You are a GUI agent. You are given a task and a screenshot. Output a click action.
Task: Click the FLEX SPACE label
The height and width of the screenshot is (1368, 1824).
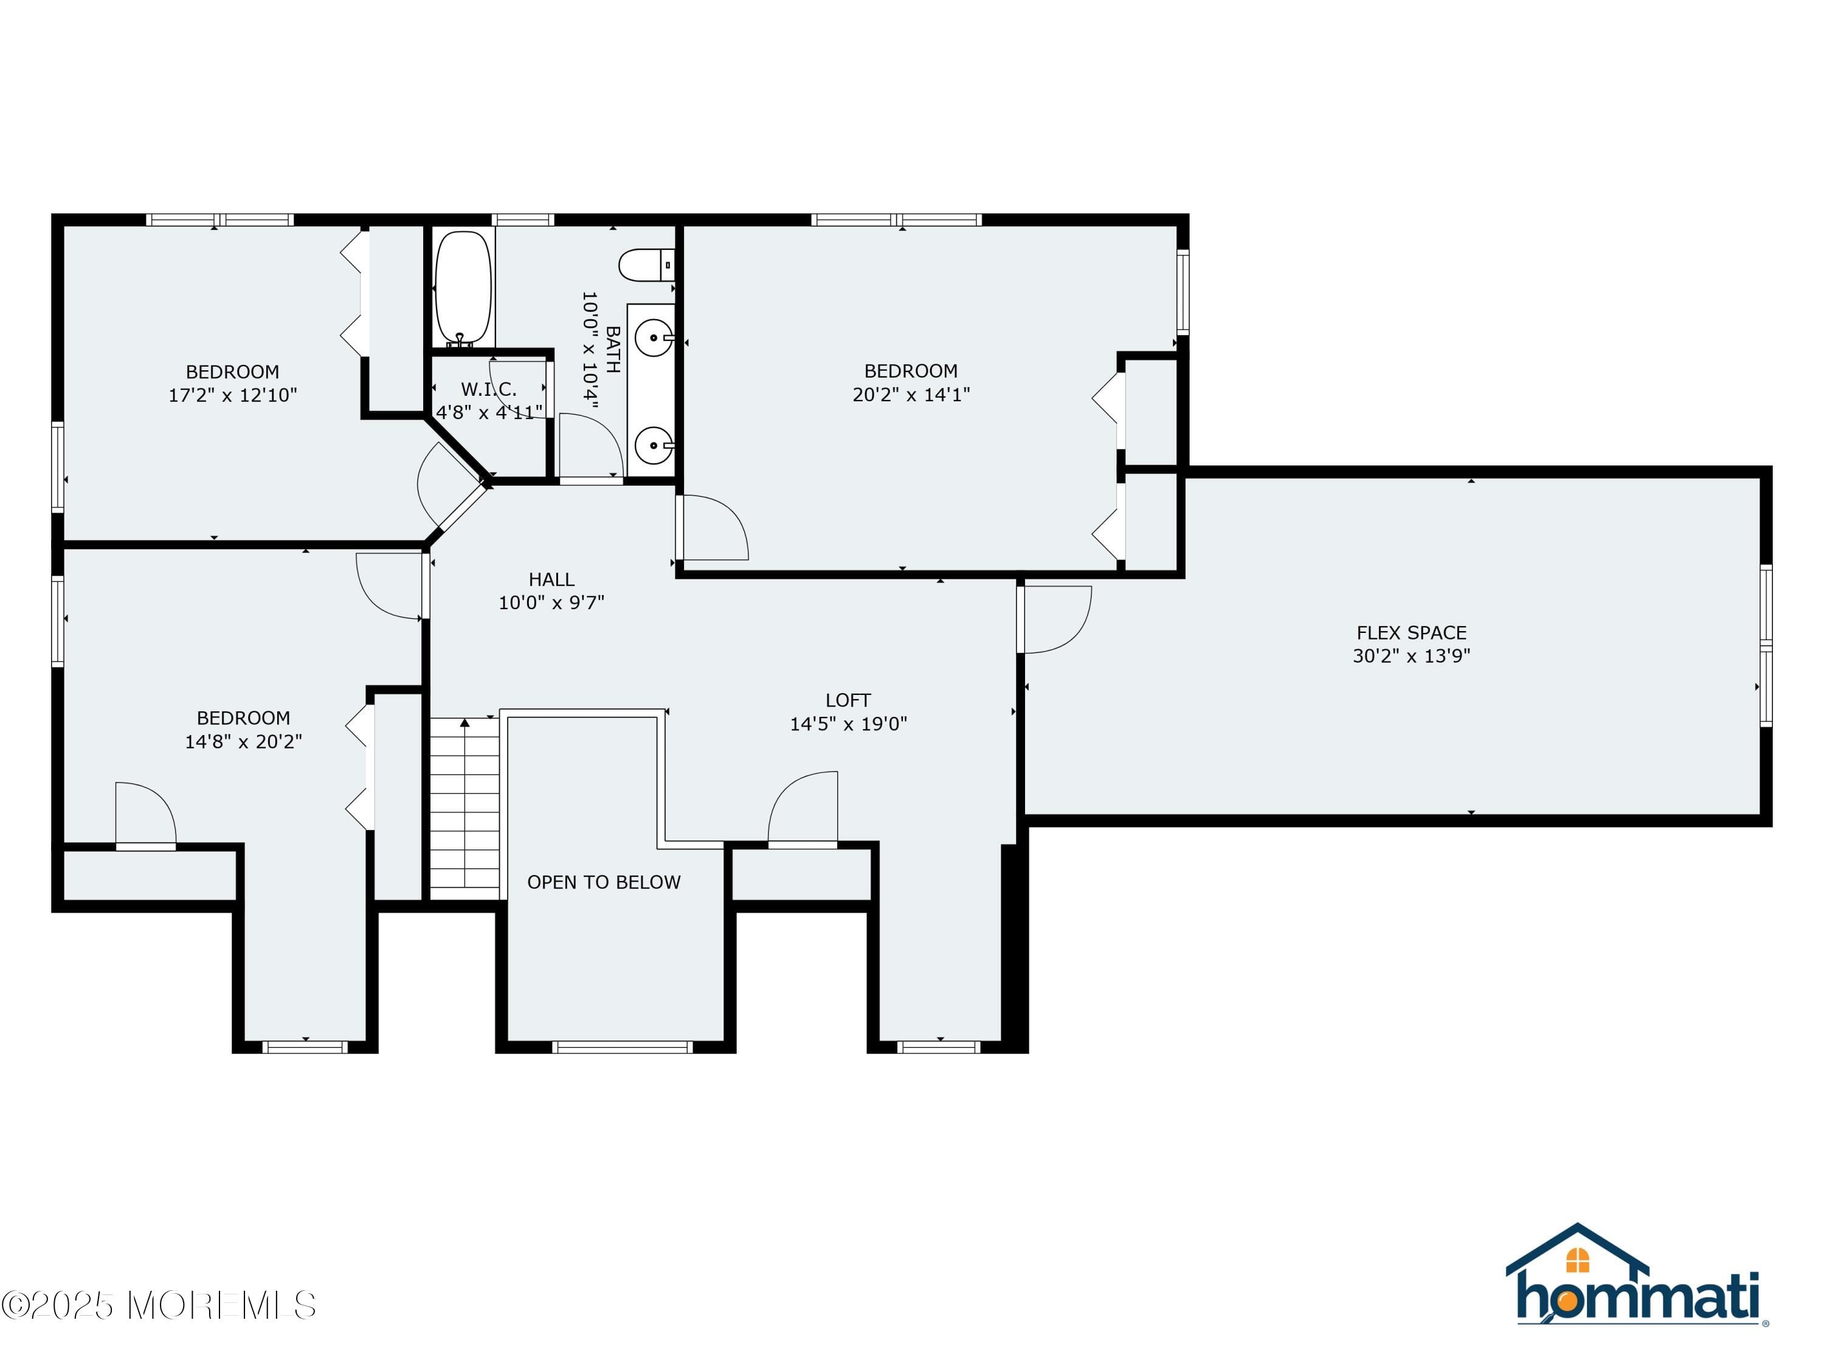[1412, 632]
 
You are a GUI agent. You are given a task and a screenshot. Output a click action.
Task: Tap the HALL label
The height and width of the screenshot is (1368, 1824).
[551, 579]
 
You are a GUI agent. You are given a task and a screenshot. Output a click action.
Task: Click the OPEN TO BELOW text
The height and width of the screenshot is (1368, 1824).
[604, 882]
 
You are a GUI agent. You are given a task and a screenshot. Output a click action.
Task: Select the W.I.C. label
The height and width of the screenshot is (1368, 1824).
[489, 389]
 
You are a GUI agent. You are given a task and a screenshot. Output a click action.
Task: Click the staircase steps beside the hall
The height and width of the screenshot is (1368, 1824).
[465, 808]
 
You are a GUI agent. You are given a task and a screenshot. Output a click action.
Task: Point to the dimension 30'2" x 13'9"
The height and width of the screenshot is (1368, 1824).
[1412, 655]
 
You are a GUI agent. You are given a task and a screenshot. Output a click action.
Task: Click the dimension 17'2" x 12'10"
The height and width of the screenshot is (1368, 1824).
[232, 395]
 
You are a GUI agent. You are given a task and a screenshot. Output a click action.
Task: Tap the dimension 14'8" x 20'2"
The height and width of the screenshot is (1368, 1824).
[243, 741]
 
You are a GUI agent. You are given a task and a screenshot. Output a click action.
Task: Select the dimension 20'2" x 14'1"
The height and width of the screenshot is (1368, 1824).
[911, 394]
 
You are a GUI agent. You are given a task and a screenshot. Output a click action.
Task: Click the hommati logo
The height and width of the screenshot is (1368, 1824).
[1636, 1274]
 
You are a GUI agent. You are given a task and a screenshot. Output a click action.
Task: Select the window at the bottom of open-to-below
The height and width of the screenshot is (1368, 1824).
[623, 1047]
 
